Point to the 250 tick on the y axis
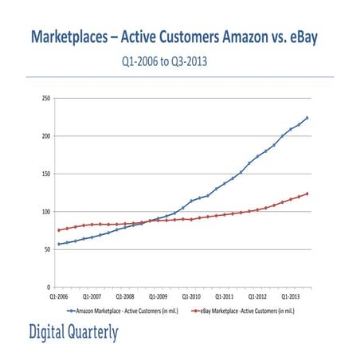pos(45,98)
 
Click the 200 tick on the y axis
pos(45,136)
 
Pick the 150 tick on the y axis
pos(45,174)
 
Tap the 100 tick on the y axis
pos(45,212)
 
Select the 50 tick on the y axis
pos(47,249)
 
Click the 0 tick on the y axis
pos(49,287)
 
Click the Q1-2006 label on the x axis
pos(58,294)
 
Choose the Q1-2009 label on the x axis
pos(158,294)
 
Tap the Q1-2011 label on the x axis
pos(224,294)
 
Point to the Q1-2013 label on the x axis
pos(290,294)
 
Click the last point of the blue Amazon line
pos(307,118)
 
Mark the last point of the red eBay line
pos(307,194)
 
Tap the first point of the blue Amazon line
pos(58,244)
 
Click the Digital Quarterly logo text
pos(73,332)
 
